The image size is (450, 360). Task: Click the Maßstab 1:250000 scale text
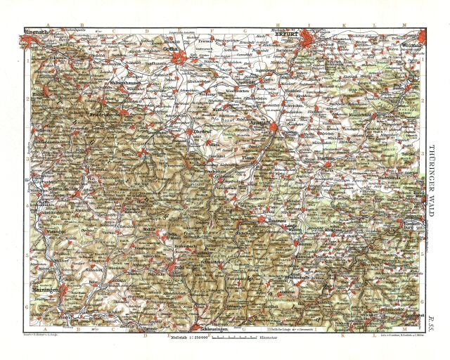(x=188, y=339)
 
